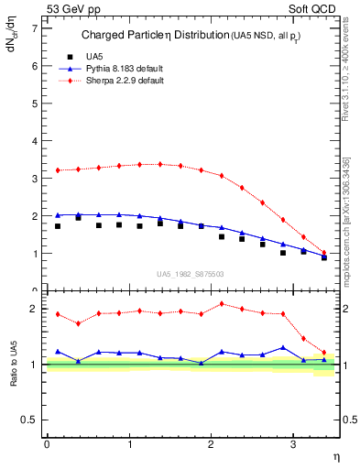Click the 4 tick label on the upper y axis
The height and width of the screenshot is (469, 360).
coord(35,141)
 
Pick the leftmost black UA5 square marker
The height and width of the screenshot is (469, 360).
coord(57,226)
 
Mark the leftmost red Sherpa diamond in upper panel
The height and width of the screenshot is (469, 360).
coord(57,170)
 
